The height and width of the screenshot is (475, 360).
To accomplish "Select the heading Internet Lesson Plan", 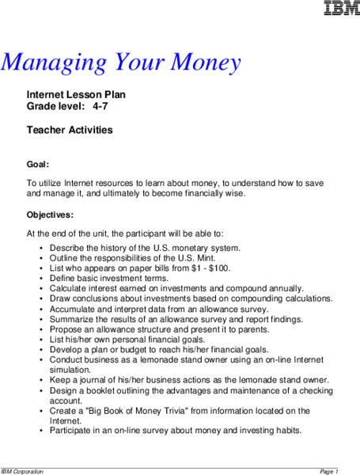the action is pyautogui.click(x=77, y=94).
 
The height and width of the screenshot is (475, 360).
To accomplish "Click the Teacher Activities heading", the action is pyautogui.click(x=70, y=130).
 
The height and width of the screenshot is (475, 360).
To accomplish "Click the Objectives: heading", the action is pyautogui.click(x=50, y=215).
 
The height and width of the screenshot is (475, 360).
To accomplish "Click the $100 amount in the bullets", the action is pyautogui.click(x=220, y=268).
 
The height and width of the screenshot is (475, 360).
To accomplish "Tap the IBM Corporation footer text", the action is pyautogui.click(x=24, y=471).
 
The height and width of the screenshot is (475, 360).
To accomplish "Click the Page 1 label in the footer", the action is pyautogui.click(x=328, y=471).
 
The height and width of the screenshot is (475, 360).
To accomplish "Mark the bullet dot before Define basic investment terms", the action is pyautogui.click(x=41, y=279).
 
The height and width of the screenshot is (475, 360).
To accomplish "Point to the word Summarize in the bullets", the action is pyautogui.click(x=72, y=319).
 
